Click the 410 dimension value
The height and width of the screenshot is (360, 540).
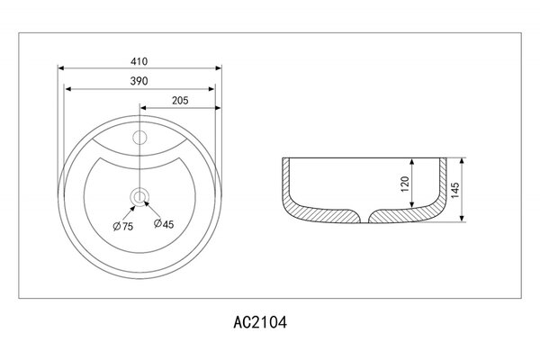(x=139, y=61)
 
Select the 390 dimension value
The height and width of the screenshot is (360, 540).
(x=139, y=81)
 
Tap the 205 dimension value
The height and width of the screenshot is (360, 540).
(x=180, y=101)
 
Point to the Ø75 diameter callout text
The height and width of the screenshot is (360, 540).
(x=123, y=226)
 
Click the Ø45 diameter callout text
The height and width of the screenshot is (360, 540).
(x=164, y=224)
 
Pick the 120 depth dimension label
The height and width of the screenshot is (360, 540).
(x=405, y=184)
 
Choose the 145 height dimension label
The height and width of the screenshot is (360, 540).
(x=454, y=190)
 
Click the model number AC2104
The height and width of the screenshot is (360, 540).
(x=260, y=323)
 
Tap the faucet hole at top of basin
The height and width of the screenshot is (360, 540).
(x=139, y=138)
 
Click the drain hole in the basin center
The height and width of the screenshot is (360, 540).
(x=139, y=197)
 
